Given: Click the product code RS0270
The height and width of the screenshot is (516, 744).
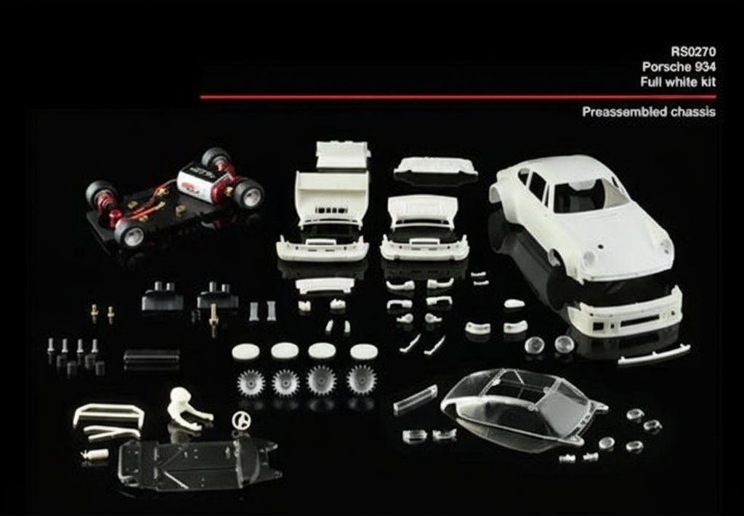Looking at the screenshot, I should click(693, 51).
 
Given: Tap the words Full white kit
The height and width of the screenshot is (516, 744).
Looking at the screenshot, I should click(678, 81).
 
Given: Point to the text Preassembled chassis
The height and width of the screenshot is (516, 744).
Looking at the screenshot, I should click(648, 112).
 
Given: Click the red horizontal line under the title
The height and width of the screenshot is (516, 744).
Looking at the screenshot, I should click(458, 97).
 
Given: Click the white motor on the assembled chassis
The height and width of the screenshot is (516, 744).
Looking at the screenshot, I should click(205, 178).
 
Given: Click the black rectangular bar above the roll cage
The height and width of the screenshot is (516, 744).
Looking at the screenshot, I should click(151, 357).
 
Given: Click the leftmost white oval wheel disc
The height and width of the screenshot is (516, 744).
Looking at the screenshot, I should click(246, 352).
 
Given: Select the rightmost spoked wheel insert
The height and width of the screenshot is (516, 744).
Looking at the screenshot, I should click(361, 379).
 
